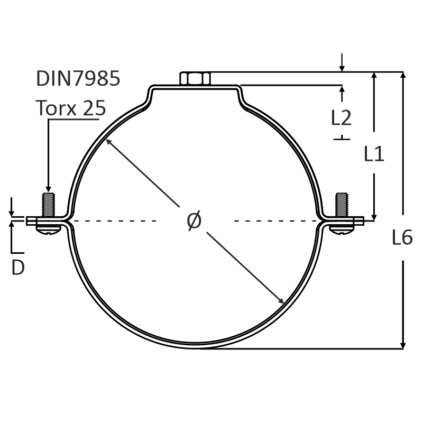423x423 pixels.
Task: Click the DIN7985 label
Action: tap(78, 78)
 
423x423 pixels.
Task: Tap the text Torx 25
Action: tap(71, 108)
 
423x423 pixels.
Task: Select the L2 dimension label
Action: tap(341, 118)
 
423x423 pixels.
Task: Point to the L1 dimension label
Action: tap(374, 154)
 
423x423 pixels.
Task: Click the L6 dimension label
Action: tap(402, 237)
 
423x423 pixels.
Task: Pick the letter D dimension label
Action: tap(18, 268)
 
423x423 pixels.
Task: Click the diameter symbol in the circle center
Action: tap(194, 220)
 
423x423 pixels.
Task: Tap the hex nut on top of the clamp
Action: tap(195, 78)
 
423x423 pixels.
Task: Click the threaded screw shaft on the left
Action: tap(48, 205)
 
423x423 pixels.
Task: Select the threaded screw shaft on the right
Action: tap(342, 205)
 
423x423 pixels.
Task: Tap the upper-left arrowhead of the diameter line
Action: tap(108, 141)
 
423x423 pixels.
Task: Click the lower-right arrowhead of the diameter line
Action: tap(281, 301)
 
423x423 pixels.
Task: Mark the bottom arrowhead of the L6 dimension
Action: tap(403, 345)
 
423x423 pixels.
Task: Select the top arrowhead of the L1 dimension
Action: tap(374, 76)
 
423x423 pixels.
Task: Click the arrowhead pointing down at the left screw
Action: tap(48, 189)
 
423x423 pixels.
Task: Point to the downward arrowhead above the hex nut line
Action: tap(342, 68)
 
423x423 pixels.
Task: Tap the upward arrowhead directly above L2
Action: tap(342, 89)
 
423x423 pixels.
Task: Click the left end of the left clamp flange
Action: tap(26, 220)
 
